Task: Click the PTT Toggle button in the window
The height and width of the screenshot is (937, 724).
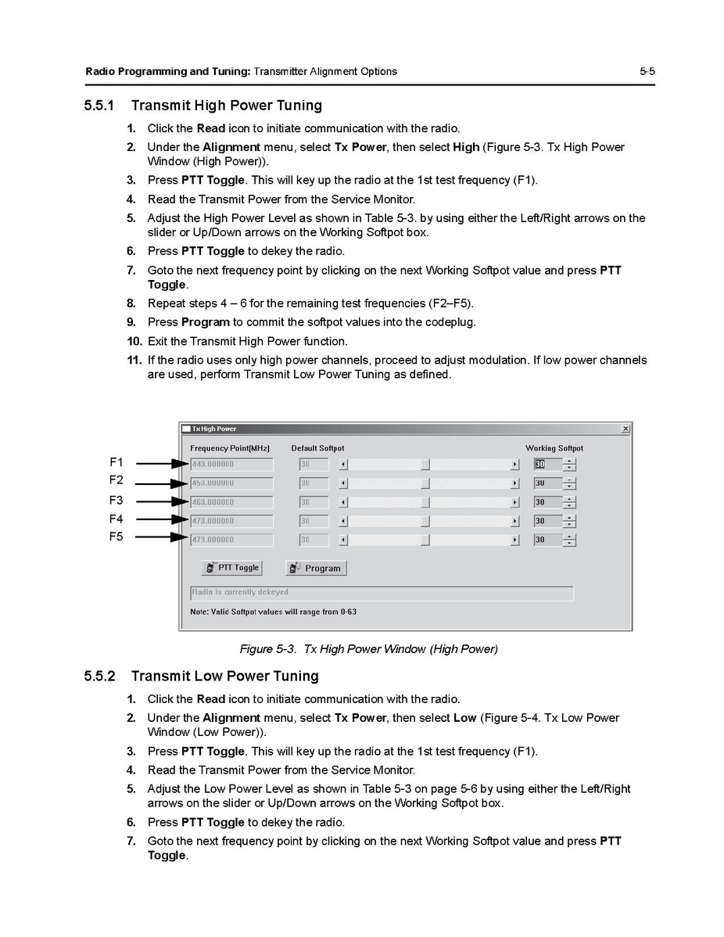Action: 231,568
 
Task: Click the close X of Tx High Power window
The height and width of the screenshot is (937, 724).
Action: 625,429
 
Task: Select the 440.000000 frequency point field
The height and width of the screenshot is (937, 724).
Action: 231,464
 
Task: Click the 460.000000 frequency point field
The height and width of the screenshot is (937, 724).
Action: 231,502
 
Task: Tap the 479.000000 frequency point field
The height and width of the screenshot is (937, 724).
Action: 231,540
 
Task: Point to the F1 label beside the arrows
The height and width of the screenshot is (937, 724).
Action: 116,462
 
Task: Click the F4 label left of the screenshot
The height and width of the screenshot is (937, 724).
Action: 116,519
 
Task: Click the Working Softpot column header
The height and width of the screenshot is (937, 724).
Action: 554,448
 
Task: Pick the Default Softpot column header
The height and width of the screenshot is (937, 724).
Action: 317,448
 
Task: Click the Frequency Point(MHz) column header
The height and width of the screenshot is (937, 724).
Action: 230,448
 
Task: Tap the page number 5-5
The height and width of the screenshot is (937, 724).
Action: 647,72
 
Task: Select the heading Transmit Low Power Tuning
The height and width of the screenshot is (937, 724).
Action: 224,676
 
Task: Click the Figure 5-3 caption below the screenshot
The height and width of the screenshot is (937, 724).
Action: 368,648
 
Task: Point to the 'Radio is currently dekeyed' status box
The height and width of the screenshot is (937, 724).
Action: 382,593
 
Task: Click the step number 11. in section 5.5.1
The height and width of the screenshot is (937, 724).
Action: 133,361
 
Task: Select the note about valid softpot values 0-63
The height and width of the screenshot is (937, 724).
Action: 273,611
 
